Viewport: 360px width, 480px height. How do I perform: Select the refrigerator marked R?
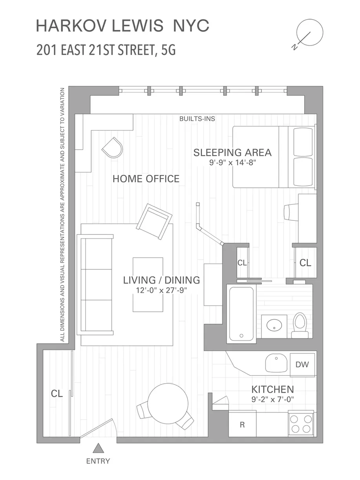242,424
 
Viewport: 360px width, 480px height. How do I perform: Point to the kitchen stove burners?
301,424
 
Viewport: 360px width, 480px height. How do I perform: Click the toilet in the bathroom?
300,325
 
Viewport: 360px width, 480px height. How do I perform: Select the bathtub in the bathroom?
241,314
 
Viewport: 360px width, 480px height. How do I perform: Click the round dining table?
166,403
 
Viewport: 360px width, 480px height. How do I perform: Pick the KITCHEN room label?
273,389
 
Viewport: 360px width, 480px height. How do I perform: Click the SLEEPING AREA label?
232,153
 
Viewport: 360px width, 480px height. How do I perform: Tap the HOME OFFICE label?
146,179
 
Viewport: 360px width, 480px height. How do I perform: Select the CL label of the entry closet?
57,394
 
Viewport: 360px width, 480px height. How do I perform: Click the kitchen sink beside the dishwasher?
277,363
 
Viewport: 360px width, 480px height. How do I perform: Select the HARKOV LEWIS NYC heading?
122,26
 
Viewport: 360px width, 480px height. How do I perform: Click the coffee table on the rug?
148,284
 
